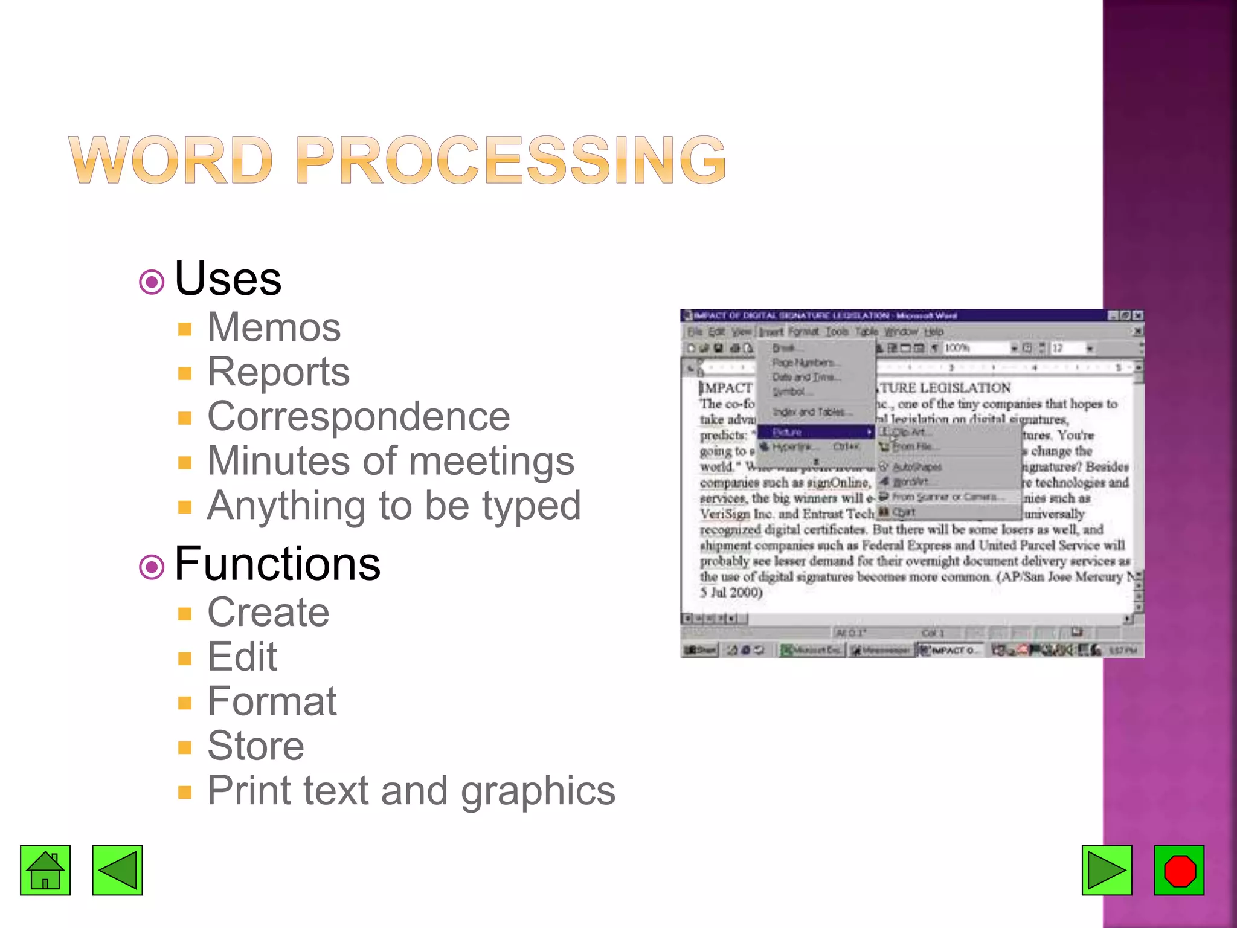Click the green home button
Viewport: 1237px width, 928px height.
click(45, 870)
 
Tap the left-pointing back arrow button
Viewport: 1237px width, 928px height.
click(117, 870)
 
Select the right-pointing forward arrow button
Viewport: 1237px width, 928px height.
click(1107, 870)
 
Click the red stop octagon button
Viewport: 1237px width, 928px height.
click(1179, 870)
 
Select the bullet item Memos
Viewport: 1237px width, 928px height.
click(274, 327)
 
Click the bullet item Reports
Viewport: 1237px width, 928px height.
click(278, 372)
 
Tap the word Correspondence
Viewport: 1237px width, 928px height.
click(358, 416)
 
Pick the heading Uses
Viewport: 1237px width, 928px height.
click(228, 279)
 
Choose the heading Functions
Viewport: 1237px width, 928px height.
click(277, 564)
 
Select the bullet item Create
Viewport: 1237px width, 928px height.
click(268, 612)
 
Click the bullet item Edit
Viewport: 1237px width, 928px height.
click(242, 657)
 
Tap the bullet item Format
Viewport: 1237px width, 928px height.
click(272, 701)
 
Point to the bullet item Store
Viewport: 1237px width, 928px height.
click(255, 746)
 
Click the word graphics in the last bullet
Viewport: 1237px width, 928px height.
click(538, 791)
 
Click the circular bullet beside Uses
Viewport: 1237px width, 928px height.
click(152, 282)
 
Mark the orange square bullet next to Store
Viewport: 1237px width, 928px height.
click(185, 748)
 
